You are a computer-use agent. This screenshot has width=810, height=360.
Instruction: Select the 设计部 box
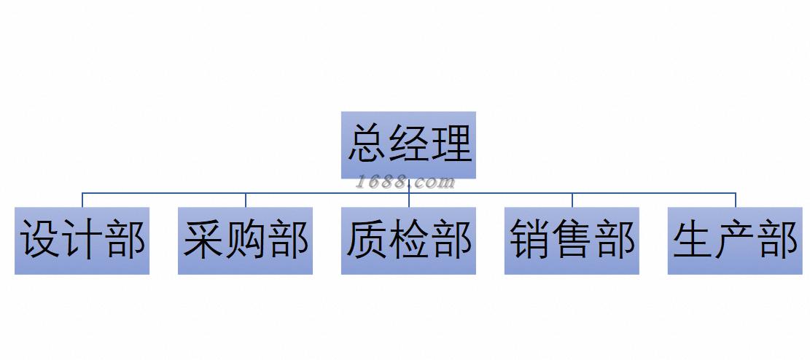tap(82, 240)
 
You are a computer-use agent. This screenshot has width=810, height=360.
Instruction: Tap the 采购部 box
tap(245, 240)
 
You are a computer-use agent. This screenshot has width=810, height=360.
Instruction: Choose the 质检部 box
tap(408, 240)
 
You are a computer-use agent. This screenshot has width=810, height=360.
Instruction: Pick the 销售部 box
tap(572, 240)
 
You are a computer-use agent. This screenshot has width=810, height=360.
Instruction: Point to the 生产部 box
tap(735, 240)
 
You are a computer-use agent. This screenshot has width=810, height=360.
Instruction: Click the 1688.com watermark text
tap(405, 182)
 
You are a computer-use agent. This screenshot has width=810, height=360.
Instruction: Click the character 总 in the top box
tap(367, 143)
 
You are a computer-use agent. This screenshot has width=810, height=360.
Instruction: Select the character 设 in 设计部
tap(40, 239)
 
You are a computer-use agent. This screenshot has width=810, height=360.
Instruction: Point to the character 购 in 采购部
tap(246, 239)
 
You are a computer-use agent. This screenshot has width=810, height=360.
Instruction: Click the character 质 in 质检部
tap(367, 239)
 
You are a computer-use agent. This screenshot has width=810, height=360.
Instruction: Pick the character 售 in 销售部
tap(572, 239)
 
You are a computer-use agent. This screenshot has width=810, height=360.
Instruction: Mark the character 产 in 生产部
tap(736, 239)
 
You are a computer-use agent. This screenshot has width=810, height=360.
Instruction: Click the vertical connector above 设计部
tap(82, 200)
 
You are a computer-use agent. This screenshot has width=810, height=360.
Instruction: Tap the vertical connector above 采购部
tap(246, 200)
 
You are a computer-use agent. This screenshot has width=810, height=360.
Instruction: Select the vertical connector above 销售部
tap(572, 200)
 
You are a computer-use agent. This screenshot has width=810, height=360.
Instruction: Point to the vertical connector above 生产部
tap(736, 200)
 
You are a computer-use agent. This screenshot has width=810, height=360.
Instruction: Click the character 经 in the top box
tap(409, 143)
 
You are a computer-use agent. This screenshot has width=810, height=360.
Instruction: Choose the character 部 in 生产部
tap(778, 239)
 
